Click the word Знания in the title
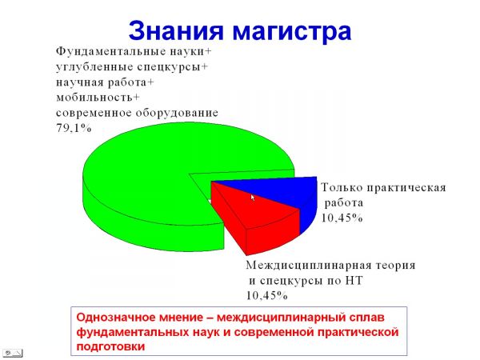point(176,30)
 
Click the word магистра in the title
point(292,31)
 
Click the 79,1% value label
point(74,128)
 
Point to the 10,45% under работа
point(342,218)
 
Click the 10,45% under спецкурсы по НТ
point(267,295)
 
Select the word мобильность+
point(98,98)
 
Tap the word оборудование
point(177,114)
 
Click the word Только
point(342,187)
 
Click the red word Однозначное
point(118,317)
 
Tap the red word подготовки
point(110,347)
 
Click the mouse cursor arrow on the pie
point(253,198)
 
